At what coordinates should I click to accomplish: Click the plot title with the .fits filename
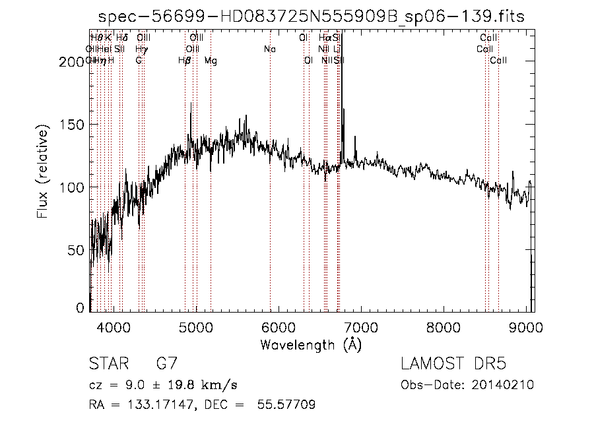point(311,16)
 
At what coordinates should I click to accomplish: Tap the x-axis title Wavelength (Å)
point(311,344)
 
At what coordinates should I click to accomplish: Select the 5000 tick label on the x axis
point(195,326)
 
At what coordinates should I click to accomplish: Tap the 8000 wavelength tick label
point(444,326)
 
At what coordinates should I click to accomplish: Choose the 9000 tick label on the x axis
point(526,326)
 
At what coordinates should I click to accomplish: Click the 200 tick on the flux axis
point(75,62)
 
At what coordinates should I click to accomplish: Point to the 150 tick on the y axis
point(75,125)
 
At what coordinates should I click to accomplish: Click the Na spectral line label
point(269,49)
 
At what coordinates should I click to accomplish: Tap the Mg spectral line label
point(211,61)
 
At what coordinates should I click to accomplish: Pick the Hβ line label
point(185,61)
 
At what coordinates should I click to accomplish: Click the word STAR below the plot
point(106,364)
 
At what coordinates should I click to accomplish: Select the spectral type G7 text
point(166,364)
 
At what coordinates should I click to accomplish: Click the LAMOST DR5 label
point(453,364)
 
